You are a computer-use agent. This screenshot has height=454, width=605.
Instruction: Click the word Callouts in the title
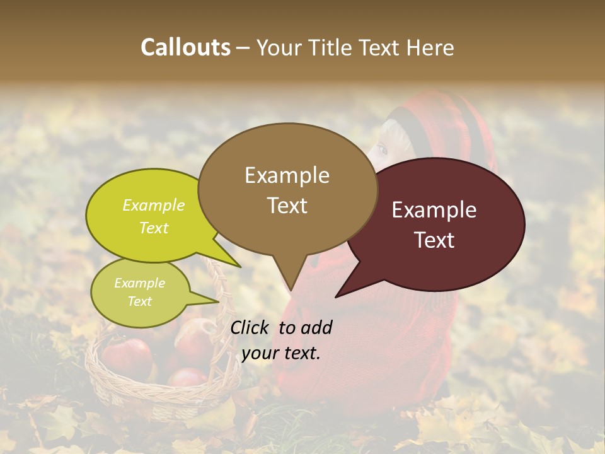coord(185,47)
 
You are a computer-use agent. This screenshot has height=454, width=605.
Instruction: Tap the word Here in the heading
coord(430,48)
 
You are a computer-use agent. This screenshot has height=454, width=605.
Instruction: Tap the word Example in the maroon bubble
coord(434,210)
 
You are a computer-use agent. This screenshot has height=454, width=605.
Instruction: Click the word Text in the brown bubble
coord(287,206)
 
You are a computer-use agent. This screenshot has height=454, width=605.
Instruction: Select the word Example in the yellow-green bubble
coord(154,206)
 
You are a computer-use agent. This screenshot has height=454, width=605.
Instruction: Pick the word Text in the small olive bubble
coord(140,301)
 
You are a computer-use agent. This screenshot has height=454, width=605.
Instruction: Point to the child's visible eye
coord(382,150)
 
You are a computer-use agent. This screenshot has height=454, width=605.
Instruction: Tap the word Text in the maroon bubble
coord(435,240)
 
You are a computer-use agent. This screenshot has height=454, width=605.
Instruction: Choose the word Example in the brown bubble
coord(287,175)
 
